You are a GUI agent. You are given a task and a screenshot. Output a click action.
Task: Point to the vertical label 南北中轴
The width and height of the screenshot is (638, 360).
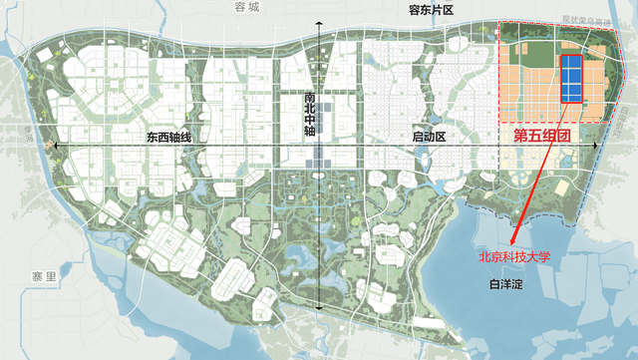pyautogui.click(x=309, y=116)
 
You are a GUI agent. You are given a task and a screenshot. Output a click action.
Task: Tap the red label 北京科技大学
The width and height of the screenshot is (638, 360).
pyautogui.click(x=514, y=256)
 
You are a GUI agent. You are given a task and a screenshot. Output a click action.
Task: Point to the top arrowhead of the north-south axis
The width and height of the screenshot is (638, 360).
pyautogui.click(x=318, y=24)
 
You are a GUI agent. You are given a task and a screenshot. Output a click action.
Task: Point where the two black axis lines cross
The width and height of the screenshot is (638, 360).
pyautogui.click(x=318, y=147)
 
